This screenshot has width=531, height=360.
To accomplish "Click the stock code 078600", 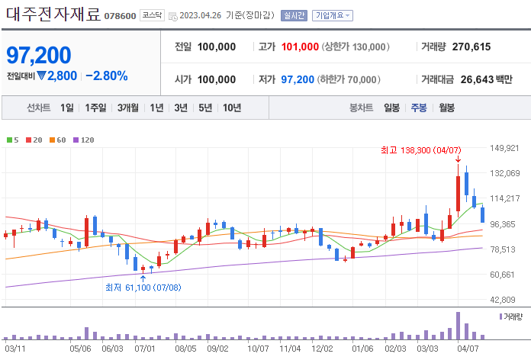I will pyautogui.click(x=120, y=16).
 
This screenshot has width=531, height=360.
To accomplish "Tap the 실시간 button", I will pyautogui.click(x=293, y=15).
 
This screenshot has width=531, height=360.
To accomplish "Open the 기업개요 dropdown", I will pyautogui.click(x=333, y=15).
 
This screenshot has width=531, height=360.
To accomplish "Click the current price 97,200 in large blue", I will pyautogui.click(x=39, y=55).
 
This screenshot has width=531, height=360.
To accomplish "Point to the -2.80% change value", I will pyautogui.click(x=106, y=76).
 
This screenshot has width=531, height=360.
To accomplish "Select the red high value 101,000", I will pyautogui.click(x=299, y=47).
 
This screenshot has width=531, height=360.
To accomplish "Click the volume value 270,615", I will pyautogui.click(x=471, y=47).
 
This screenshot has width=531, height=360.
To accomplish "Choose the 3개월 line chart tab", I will pyautogui.click(x=128, y=108).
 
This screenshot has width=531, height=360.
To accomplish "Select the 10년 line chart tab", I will pyautogui.click(x=232, y=108).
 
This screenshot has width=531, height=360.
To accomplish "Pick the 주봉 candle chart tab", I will pyautogui.click(x=419, y=108).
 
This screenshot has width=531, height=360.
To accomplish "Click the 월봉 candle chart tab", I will pyautogui.click(x=446, y=108).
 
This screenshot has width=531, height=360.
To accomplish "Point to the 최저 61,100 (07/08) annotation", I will pyautogui.click(x=143, y=288).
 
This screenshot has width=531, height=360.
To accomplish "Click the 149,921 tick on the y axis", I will pyautogui.click(x=505, y=148).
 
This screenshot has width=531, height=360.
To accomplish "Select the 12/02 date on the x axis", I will pyautogui.click(x=323, y=348).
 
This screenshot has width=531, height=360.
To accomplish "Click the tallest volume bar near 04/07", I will pyautogui.click(x=459, y=325).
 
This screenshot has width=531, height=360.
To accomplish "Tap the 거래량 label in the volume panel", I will pyautogui.click(x=513, y=316).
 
